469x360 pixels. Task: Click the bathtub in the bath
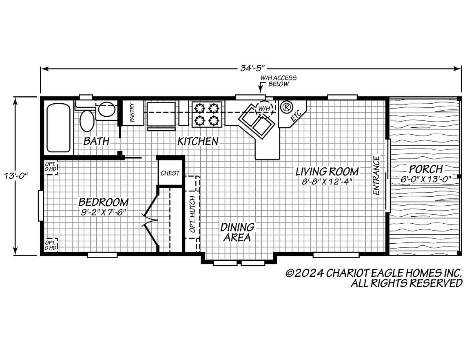pos(59,127)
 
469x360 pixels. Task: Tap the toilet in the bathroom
pos(87,120)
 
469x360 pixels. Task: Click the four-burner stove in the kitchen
pos(207,114)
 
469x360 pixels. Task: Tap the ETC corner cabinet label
pos(296,116)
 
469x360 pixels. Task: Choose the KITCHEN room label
pos(198,141)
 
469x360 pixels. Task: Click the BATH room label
pos(96,141)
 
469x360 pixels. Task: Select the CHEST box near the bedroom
pos(170,173)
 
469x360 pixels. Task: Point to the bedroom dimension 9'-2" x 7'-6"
pos(104,212)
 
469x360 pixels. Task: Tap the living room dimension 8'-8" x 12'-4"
pos(327,181)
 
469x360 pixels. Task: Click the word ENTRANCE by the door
pos(376,175)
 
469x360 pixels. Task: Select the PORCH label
pos(426,169)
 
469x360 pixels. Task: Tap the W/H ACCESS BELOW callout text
pos(279,81)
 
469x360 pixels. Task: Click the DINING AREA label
pos(237,232)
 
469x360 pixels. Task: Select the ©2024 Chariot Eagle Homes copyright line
pos(374,273)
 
